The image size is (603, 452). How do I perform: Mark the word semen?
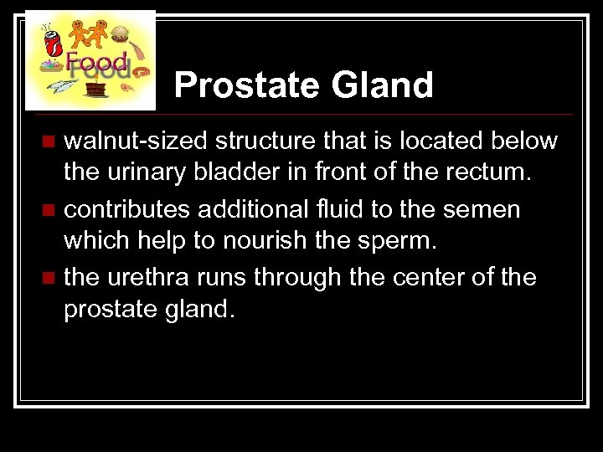485,209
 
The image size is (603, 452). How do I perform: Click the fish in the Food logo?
63,86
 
